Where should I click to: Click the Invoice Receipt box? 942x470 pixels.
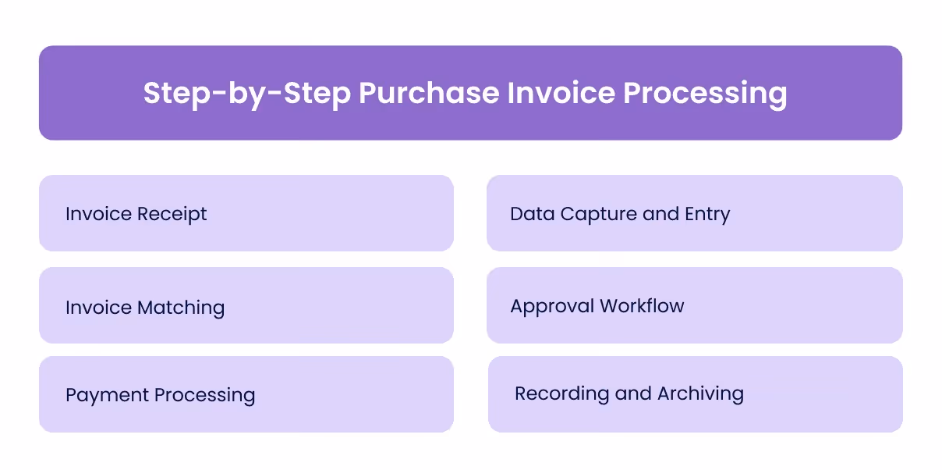point(246,213)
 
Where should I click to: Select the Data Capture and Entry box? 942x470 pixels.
point(694,213)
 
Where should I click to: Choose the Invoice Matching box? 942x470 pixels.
point(246,305)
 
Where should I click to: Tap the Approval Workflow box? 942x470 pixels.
point(694,305)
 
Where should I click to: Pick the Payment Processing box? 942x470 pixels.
point(246,394)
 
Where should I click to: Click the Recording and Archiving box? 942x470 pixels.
point(694,394)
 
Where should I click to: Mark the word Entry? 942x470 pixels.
point(706,215)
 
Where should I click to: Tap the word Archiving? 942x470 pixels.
point(700,394)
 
